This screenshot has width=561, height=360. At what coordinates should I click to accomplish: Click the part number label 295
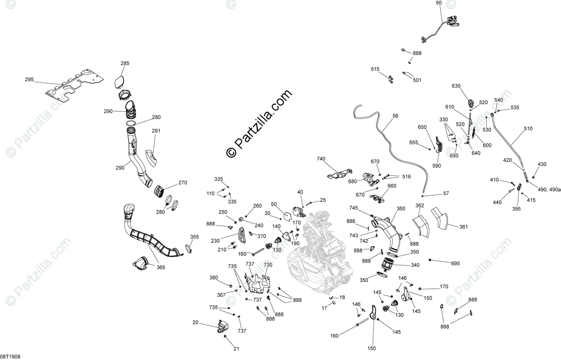(30, 79)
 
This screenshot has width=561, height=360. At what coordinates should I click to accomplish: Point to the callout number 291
(156, 131)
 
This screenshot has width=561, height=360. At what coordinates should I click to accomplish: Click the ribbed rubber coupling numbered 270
(160, 190)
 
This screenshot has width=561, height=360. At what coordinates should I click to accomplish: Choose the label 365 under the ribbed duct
(161, 268)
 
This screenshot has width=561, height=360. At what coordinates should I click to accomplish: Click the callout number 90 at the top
(439, 3)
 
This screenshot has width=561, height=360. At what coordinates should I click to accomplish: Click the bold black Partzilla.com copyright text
(259, 124)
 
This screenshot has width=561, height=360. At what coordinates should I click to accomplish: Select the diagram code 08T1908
(10, 356)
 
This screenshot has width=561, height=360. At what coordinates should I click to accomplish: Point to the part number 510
(528, 129)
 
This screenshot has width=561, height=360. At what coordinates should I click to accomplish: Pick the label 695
(456, 264)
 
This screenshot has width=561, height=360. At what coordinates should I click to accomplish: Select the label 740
(321, 159)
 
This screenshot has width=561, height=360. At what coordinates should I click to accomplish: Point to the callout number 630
(456, 86)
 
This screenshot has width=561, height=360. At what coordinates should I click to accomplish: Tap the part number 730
(268, 265)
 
